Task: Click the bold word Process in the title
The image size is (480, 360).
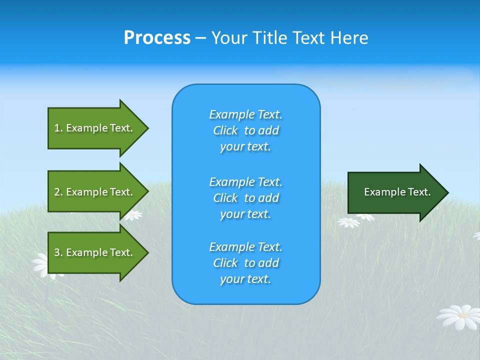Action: (x=157, y=38)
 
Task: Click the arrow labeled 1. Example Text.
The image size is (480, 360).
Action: (x=95, y=128)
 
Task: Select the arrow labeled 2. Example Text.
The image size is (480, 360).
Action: (x=95, y=192)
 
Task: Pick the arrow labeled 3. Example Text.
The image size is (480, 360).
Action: (x=95, y=252)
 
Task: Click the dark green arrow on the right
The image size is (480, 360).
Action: (x=395, y=192)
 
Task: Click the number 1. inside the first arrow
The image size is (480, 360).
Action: (x=58, y=128)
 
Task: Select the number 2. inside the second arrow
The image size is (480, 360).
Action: (x=58, y=192)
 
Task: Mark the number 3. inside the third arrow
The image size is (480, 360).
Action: (x=58, y=252)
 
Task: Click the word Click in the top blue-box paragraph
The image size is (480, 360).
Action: (x=225, y=130)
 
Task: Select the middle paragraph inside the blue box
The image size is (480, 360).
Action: (x=245, y=198)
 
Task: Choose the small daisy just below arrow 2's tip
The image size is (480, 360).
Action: (x=133, y=215)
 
